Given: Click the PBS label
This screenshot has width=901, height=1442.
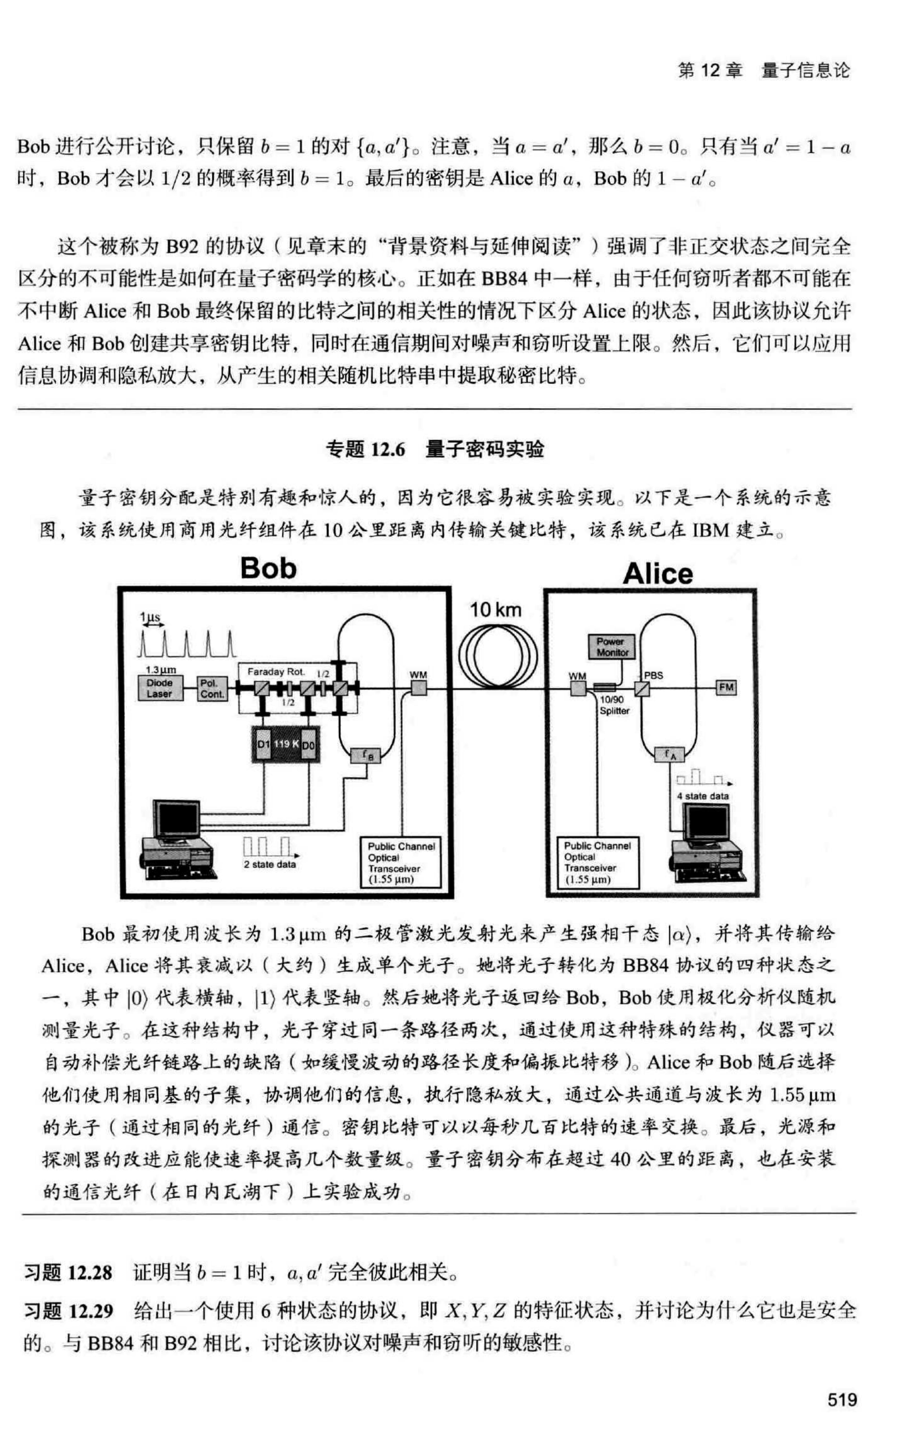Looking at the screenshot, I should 654,675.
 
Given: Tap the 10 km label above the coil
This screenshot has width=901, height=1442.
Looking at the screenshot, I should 495,610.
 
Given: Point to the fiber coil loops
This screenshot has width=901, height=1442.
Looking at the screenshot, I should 498,656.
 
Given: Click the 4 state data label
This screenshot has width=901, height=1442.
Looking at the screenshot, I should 703,796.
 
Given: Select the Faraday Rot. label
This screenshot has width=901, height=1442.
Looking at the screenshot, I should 276,672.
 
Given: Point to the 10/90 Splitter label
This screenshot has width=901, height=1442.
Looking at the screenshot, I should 614,705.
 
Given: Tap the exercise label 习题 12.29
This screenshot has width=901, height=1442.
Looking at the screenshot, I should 68,1311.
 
